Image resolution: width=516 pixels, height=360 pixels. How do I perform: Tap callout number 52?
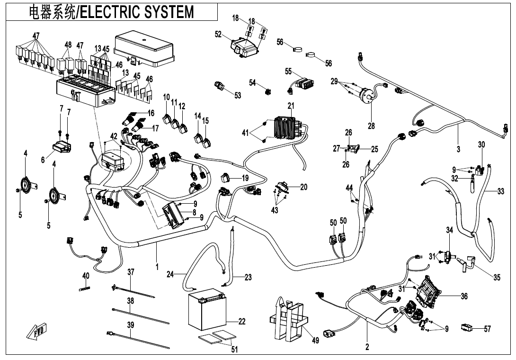click(x=218, y=35)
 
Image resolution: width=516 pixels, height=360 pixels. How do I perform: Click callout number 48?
click(x=68, y=45)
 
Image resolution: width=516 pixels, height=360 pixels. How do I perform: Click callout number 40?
click(x=86, y=276)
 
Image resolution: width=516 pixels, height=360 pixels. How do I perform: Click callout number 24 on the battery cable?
click(x=170, y=274)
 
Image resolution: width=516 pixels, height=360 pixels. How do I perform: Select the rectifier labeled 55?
click(x=303, y=84)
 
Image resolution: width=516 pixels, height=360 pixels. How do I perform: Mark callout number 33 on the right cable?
click(x=501, y=192)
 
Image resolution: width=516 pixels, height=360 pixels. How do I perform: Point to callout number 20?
click(x=303, y=187)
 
